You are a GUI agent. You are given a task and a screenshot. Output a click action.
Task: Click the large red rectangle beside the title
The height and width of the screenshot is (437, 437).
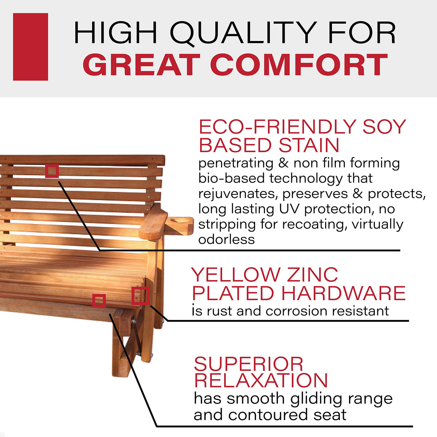[31, 47]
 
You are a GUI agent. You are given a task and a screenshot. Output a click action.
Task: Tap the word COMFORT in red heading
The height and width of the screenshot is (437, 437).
[299, 65]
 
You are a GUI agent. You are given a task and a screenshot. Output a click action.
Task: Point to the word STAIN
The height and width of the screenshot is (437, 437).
[309, 145]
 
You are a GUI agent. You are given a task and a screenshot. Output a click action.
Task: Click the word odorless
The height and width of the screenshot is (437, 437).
[226, 239]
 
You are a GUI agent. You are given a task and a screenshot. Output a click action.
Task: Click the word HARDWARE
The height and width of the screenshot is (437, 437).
[343, 293]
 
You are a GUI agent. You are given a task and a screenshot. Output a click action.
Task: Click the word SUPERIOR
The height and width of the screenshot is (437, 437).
[249, 364]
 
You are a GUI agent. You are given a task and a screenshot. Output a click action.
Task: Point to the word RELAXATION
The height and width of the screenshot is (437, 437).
[261, 380]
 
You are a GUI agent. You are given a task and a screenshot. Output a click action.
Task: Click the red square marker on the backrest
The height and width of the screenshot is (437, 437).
[52, 171]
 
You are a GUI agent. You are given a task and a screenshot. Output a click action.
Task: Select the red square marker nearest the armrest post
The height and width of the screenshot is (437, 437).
[140, 296]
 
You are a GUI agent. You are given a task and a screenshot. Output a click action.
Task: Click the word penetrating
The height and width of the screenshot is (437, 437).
[236, 163]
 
